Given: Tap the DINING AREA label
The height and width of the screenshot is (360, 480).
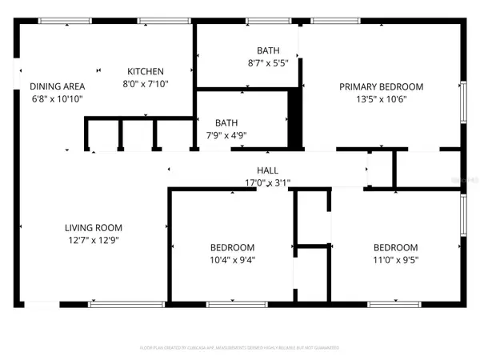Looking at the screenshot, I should point(57,87).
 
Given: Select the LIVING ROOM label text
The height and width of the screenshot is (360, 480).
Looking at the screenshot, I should point(93,227).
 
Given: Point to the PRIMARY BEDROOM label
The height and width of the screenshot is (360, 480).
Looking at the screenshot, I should point(381,87).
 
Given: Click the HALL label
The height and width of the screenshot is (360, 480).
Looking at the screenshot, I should point(267,170).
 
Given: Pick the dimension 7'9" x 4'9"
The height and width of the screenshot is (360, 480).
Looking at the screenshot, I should point(226,135).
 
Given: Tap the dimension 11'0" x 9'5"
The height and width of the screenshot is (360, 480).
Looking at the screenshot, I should point(395,258).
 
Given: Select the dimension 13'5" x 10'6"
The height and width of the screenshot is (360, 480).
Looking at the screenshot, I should point(381,100).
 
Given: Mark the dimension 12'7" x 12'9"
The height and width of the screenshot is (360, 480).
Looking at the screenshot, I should point(93,239).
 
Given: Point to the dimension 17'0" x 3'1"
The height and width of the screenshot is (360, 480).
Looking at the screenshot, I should point(267,182).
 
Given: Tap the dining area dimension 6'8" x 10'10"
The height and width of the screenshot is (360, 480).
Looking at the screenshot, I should point(57,99).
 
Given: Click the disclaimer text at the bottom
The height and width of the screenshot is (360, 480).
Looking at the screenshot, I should point(240,347).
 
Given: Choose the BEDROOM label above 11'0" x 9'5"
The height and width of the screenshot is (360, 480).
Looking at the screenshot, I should point(395,247).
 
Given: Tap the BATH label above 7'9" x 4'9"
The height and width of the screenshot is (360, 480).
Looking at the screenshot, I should point(226,123).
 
